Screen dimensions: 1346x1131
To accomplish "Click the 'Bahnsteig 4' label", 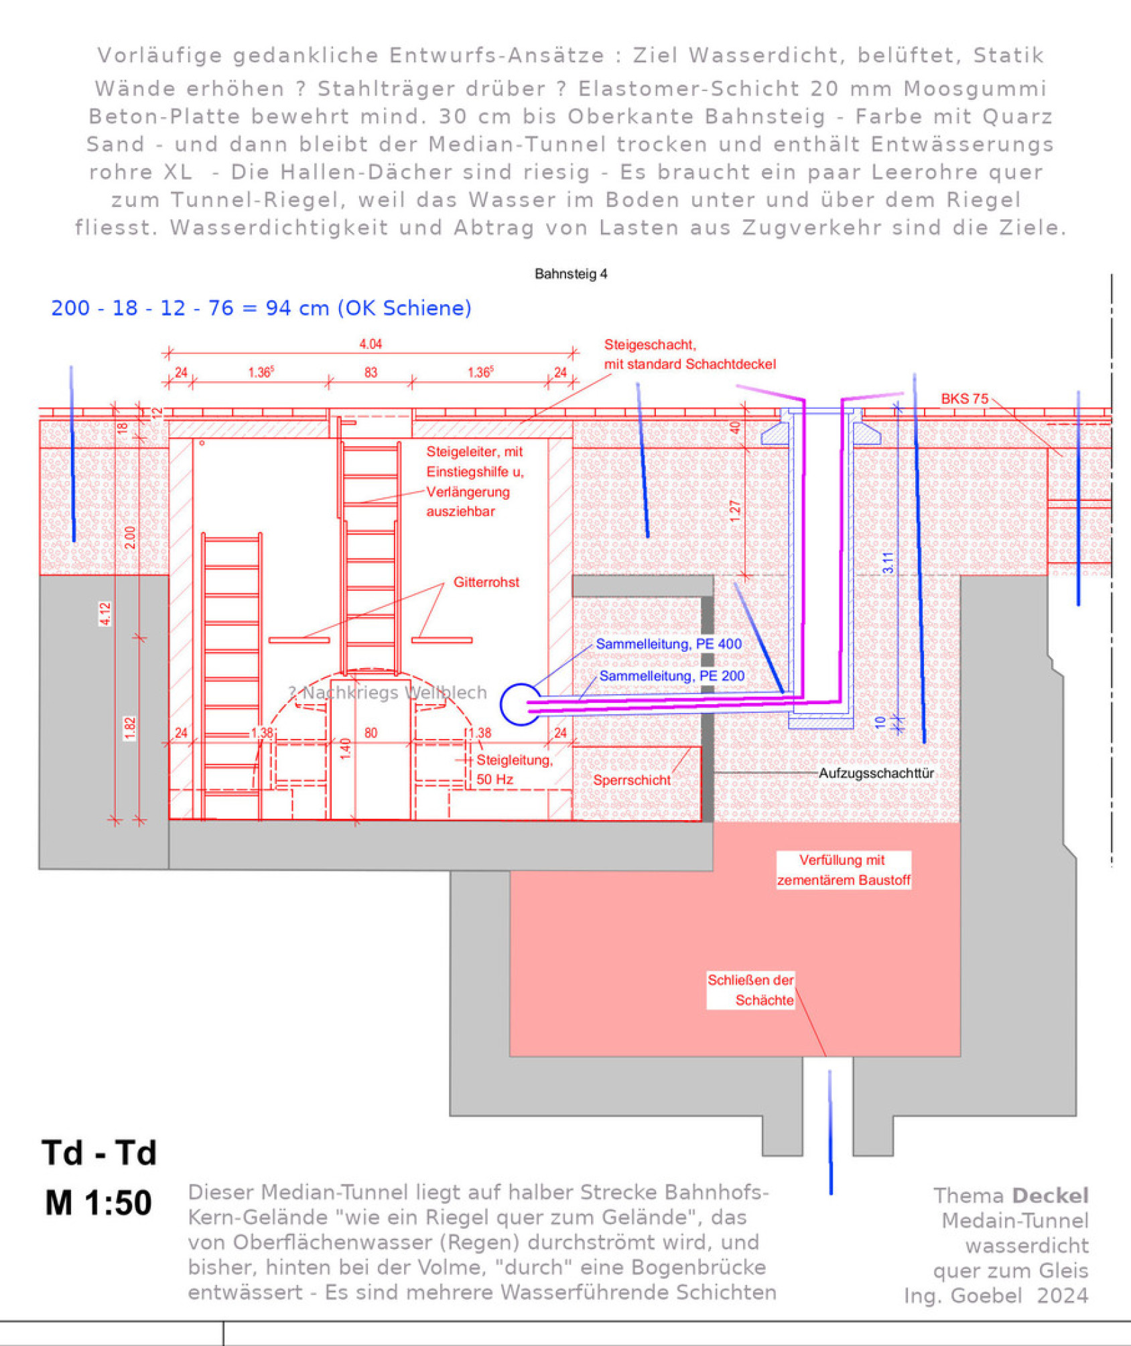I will [x=571, y=273].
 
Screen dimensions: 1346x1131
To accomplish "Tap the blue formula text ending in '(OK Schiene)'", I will [x=261, y=308].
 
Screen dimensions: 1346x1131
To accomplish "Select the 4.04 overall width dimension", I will [x=371, y=344].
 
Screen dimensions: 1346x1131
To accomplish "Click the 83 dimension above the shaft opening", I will [x=371, y=373].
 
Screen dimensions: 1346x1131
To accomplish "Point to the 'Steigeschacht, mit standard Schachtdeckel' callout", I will [x=689, y=354].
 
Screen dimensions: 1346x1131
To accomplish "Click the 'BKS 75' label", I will [x=964, y=399].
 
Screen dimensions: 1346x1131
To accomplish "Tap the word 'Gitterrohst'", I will [x=486, y=582].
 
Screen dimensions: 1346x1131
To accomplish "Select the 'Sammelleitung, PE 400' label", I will [x=669, y=644].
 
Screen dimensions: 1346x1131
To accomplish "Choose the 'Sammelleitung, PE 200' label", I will [x=671, y=675].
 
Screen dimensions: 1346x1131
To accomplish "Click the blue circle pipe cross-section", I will [x=519, y=704].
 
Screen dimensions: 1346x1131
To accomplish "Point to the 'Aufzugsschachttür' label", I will [x=876, y=773].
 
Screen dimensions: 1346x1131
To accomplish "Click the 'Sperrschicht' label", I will [x=631, y=781].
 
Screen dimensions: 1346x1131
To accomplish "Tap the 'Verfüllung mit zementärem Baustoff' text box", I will [x=844, y=870].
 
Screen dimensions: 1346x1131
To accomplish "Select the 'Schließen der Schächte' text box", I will [x=751, y=990].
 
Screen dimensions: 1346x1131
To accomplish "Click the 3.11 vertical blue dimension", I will [x=888, y=562].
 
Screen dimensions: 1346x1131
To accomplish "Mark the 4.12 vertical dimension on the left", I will [x=105, y=614].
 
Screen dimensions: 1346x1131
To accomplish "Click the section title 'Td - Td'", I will [x=99, y=1152].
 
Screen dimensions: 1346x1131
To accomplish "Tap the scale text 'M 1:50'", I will [x=98, y=1203].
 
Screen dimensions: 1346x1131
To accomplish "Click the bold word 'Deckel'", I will [x=1050, y=1195].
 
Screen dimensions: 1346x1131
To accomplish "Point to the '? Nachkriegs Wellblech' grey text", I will [x=388, y=693].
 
